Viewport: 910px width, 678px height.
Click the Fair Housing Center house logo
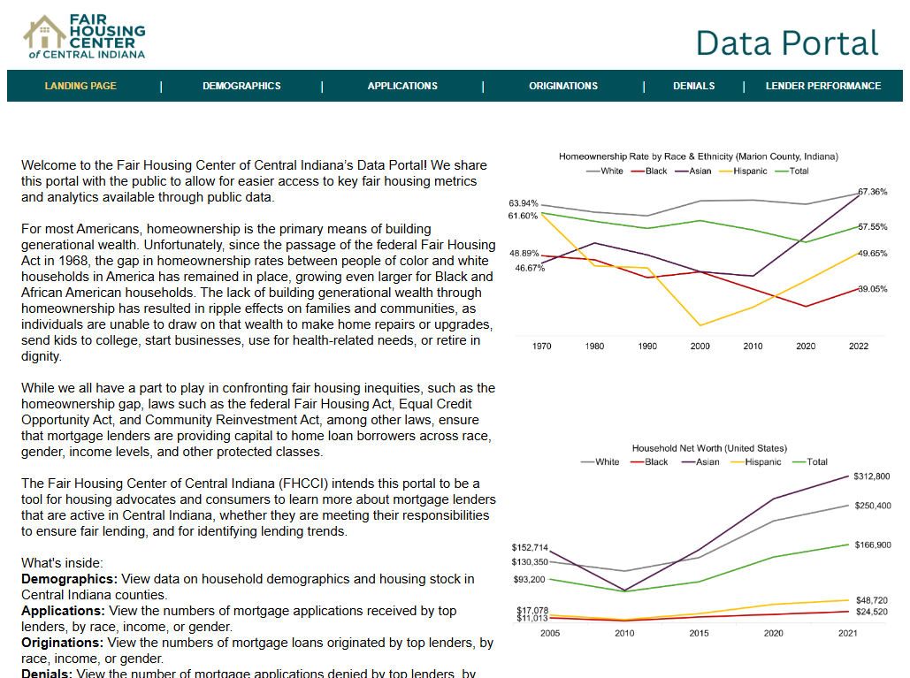44,33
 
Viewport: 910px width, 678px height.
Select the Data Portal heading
786,42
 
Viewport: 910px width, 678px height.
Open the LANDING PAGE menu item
80,86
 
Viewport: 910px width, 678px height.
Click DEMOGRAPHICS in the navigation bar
241,86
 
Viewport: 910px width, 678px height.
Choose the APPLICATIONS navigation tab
402,86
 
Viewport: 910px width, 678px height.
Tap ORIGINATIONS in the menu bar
563,86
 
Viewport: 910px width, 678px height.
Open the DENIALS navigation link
693,86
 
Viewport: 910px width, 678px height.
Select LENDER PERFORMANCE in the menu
822,86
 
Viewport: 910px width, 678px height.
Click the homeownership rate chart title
698,156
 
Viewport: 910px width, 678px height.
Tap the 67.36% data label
872,192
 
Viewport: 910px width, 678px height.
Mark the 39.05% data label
872,289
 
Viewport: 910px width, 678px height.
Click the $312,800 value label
872,476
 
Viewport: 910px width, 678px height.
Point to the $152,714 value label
530,547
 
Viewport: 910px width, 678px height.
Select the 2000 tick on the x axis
700,346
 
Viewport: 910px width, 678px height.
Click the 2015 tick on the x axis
700,633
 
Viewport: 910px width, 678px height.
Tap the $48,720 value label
872,600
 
